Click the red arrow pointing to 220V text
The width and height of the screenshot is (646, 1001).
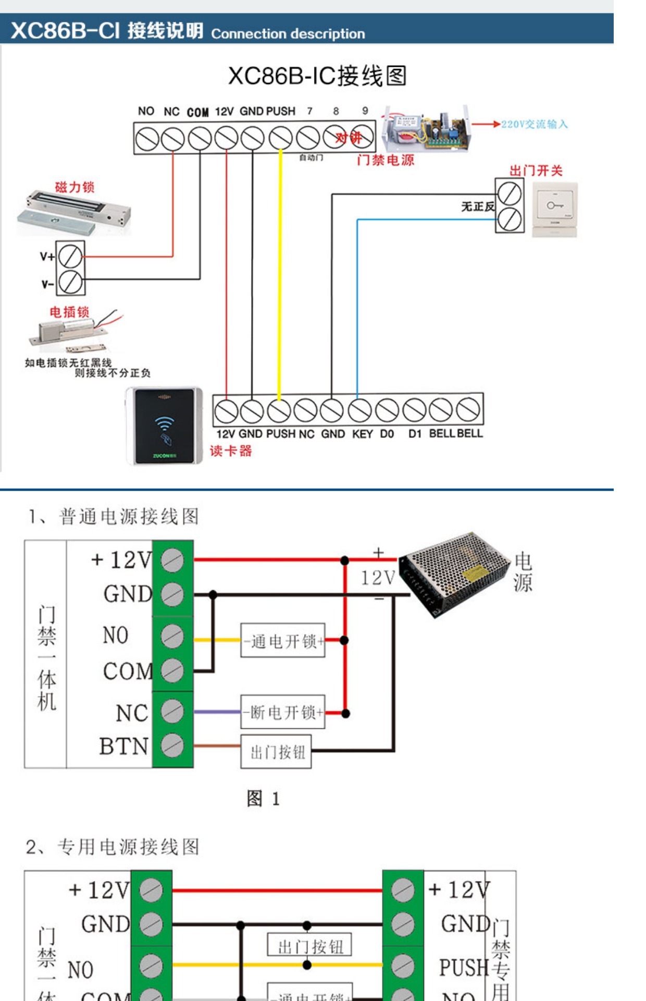[x=486, y=124]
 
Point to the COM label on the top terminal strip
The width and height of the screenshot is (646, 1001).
[x=198, y=112]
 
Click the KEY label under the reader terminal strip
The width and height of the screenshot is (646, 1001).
[x=362, y=434]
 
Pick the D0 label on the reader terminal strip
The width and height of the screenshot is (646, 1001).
[x=387, y=434]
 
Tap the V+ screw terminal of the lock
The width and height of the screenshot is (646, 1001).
[x=70, y=256]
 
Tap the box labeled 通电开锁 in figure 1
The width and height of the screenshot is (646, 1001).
[x=283, y=640]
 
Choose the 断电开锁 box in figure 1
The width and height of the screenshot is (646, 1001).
[x=283, y=712]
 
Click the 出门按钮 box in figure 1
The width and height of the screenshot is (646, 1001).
[x=276, y=752]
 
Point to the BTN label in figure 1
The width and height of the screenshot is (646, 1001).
[x=124, y=747]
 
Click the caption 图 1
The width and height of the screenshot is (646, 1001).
[x=263, y=798]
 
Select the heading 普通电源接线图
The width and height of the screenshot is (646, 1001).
[x=129, y=517]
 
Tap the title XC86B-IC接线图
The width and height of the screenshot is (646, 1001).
[x=317, y=76]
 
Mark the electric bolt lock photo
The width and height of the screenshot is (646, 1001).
[x=73, y=332]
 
